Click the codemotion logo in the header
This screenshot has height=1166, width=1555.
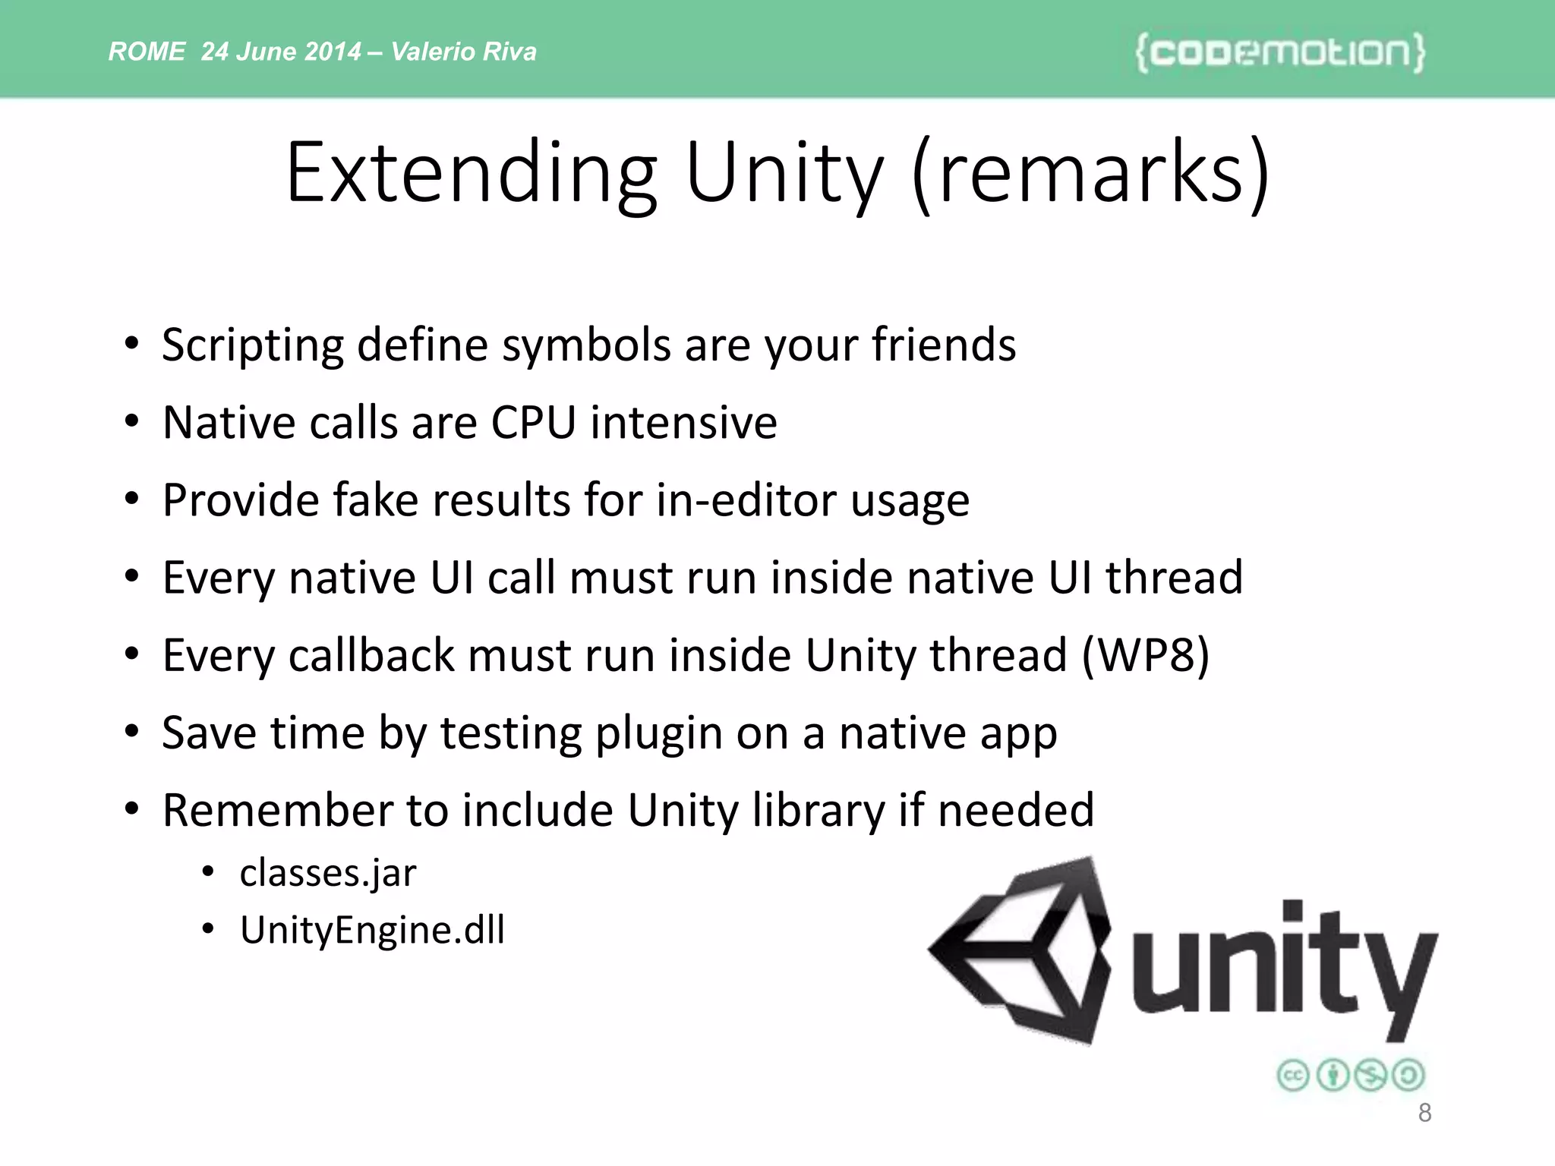(x=1280, y=52)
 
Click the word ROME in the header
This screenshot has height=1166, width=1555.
(x=147, y=52)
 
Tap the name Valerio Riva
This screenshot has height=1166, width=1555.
(x=464, y=52)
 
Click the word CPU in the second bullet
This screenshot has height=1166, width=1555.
(x=533, y=423)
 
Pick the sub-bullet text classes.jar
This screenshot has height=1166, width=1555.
(x=328, y=873)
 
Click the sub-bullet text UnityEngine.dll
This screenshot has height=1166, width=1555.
(x=372, y=930)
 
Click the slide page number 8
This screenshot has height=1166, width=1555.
(x=1424, y=1113)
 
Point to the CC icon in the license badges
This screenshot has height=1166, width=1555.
(x=1293, y=1076)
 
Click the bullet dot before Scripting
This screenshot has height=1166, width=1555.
(x=132, y=344)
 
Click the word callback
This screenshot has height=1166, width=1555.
(x=371, y=655)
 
